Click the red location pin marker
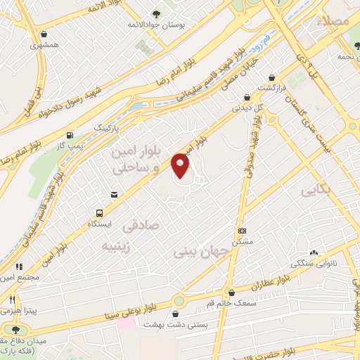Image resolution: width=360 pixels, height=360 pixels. point(181,166)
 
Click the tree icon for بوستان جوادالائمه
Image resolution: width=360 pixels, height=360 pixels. point(155,14)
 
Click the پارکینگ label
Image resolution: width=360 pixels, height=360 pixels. point(108,130)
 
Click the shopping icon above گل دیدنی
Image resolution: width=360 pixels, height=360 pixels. point(246,98)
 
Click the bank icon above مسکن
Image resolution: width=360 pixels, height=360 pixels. point(242,231)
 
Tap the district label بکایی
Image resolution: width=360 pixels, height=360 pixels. point(315,191)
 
